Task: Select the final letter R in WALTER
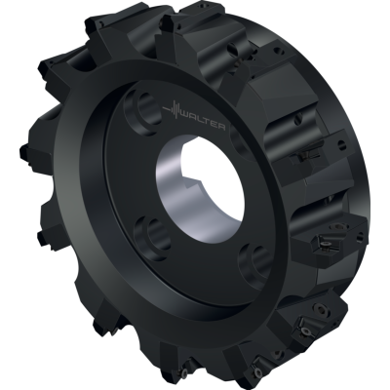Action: pos(225,129)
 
